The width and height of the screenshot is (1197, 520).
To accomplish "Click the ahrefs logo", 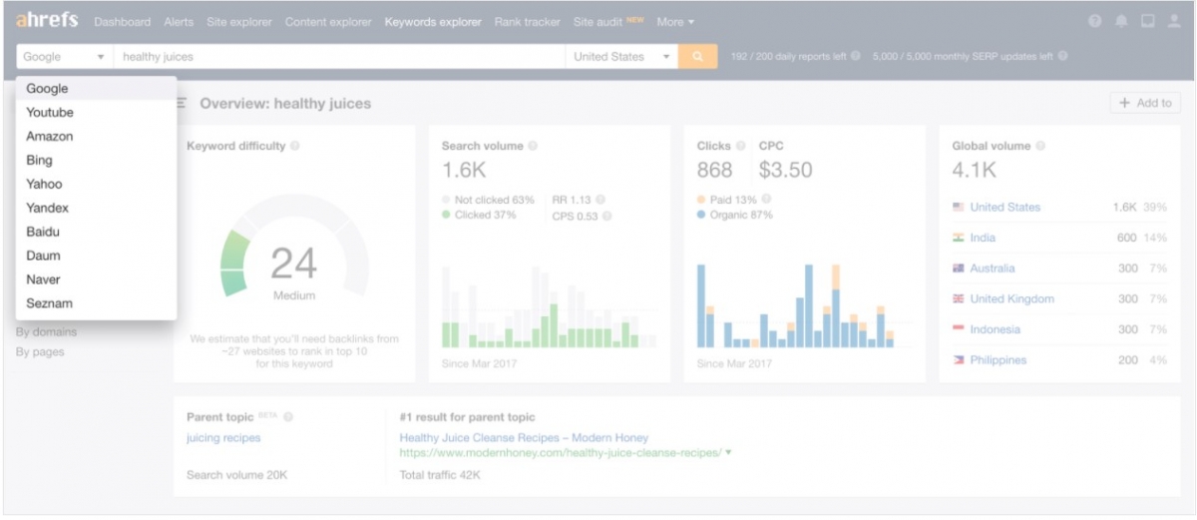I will (47, 21).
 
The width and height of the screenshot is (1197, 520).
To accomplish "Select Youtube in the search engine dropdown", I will (50, 113).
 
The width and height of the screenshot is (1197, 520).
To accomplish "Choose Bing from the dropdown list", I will (40, 161).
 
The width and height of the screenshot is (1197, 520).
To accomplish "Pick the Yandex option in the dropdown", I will (48, 209).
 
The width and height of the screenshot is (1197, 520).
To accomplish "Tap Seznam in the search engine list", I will (50, 303).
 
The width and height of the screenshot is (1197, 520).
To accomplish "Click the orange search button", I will (698, 57).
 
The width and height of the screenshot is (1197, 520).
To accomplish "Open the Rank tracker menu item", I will (527, 22).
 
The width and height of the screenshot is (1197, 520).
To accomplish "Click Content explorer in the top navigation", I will (328, 22).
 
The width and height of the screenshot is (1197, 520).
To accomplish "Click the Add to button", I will (1145, 103).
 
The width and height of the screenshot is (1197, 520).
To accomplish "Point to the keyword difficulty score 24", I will (294, 263).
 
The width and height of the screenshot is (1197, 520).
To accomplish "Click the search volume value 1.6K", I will (464, 171).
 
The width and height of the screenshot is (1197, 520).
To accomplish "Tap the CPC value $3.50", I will (785, 171).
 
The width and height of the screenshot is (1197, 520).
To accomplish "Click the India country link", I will (983, 239).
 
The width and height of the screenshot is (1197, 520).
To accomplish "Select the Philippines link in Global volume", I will (997, 360).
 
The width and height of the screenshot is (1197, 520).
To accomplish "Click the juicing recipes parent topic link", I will (223, 438).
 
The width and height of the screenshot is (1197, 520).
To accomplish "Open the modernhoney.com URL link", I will (560, 453).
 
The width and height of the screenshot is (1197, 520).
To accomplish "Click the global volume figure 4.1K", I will (975, 171).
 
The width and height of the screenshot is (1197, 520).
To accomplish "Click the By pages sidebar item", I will (40, 352).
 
